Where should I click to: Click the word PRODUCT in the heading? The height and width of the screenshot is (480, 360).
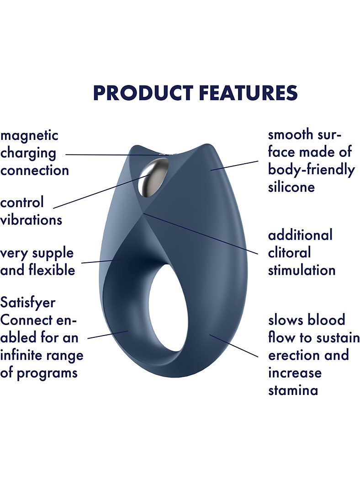click(x=143, y=93)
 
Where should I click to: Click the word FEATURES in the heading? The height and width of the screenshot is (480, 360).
click(x=249, y=93)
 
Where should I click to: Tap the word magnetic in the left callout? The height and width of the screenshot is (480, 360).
click(x=29, y=136)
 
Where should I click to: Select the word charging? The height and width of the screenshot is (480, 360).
click(x=28, y=153)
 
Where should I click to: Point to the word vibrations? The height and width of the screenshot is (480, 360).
click(x=31, y=219)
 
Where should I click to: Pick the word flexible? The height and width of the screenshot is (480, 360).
click(x=52, y=270)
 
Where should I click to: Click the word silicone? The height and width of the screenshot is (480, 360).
click(x=291, y=187)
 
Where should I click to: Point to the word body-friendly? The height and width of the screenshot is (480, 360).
click(x=312, y=170)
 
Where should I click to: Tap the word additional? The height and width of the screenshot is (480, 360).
click(x=300, y=235)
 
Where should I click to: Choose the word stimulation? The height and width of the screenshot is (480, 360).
click(x=302, y=270)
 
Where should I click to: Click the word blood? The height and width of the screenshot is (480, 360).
click(x=326, y=320)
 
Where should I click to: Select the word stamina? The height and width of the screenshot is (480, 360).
click(x=293, y=390)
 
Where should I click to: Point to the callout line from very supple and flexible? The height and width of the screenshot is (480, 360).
click(x=102, y=261)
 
